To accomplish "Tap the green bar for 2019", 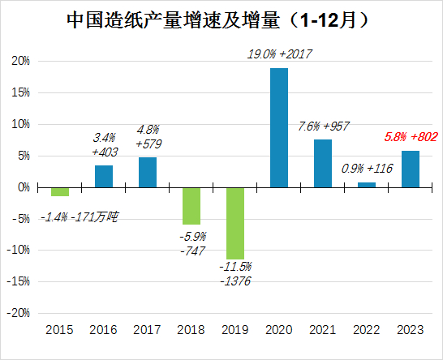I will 234,223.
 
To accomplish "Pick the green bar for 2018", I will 191,205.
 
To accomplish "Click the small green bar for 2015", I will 59,191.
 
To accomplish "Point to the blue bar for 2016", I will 103,176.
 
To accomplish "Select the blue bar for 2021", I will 322,163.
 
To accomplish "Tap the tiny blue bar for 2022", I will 366,185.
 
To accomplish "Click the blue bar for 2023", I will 410,169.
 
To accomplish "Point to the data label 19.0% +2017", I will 279,54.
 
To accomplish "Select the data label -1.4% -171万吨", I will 79,216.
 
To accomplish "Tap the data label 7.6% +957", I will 323,126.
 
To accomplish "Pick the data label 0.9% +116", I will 365,169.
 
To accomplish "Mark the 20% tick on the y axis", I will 20,62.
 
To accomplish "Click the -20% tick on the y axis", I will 19,313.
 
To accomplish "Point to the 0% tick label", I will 24,187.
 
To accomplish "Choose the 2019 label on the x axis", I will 234,330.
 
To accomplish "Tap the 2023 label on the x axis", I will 410,330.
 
